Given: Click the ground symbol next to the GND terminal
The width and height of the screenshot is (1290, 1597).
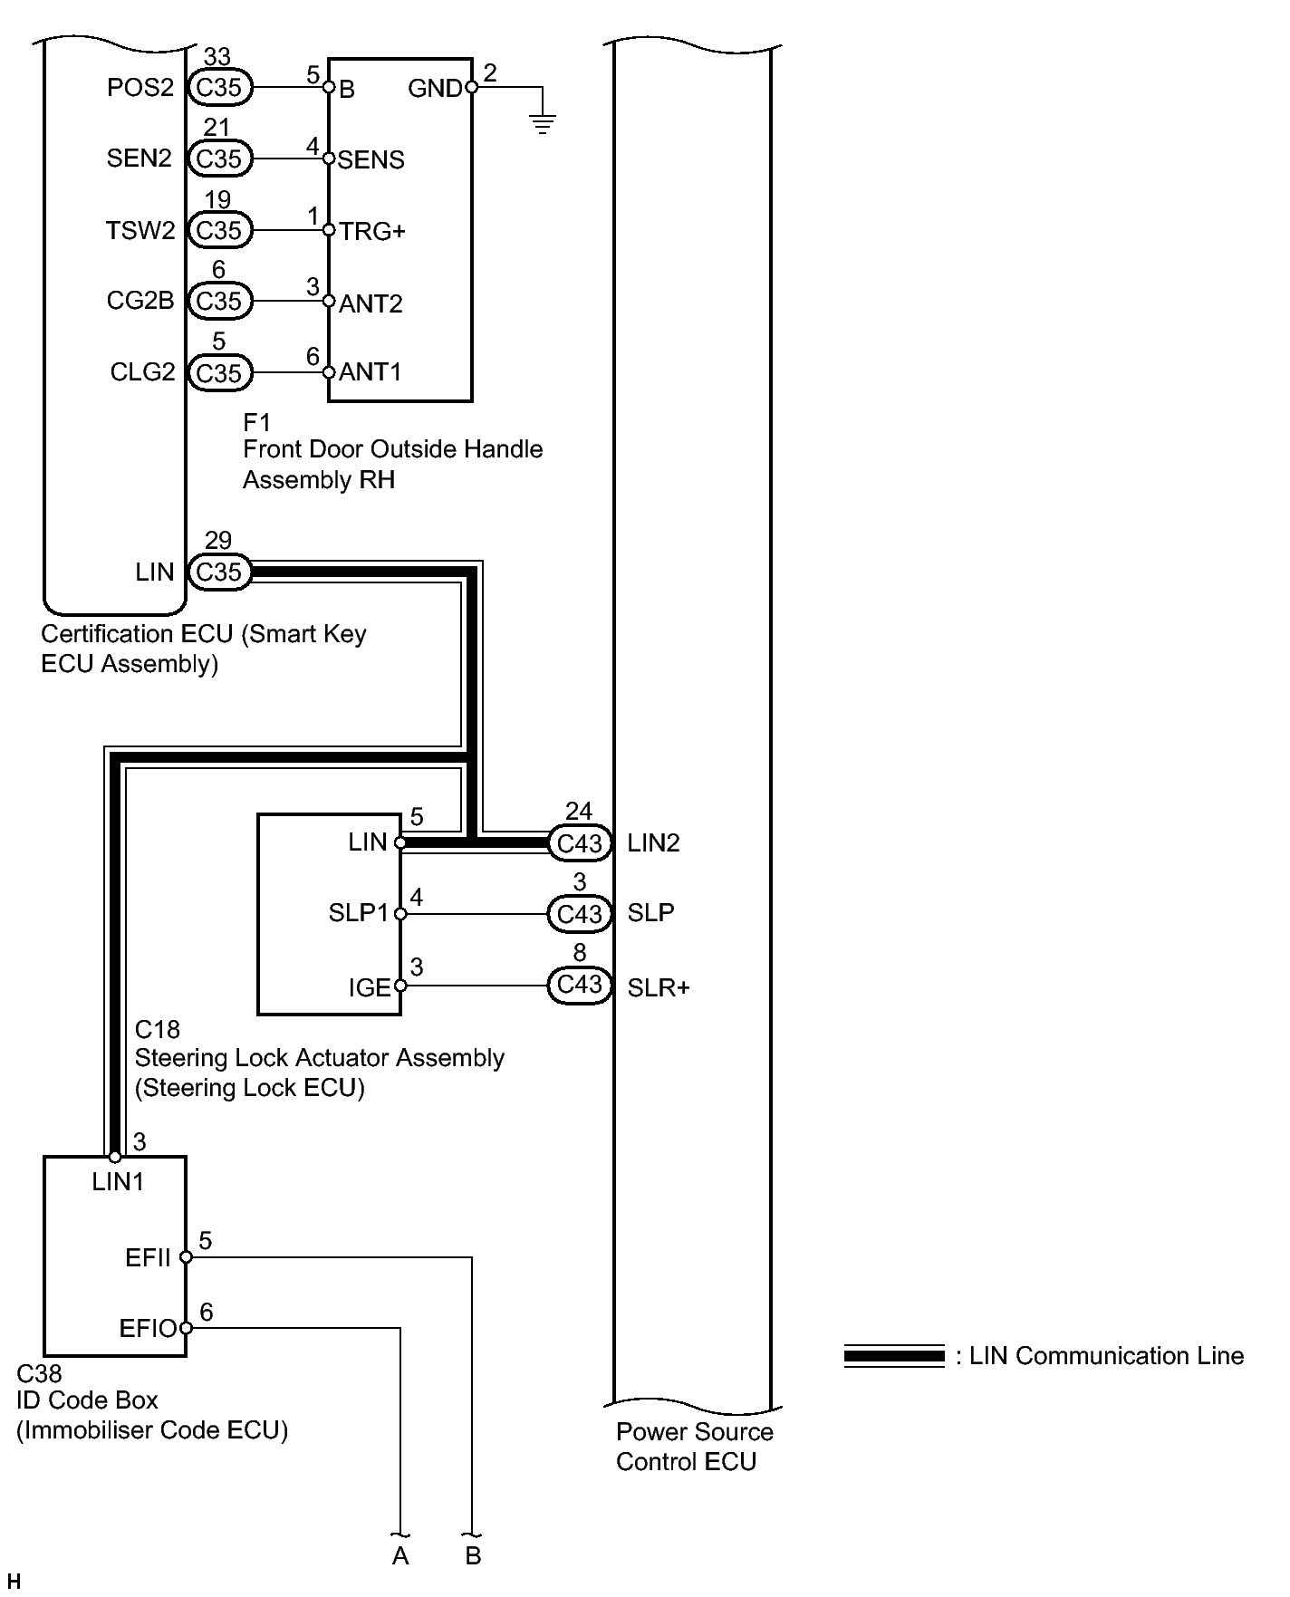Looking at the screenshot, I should tap(543, 124).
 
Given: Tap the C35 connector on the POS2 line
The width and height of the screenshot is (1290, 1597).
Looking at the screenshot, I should tap(219, 87).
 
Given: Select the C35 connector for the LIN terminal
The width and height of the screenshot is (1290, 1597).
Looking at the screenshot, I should tap(219, 572).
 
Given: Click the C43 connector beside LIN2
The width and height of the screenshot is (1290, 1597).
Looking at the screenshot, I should tap(580, 843).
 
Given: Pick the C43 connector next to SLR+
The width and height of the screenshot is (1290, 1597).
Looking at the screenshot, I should tap(580, 985).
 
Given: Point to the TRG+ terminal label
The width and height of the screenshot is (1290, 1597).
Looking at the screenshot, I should tap(372, 232).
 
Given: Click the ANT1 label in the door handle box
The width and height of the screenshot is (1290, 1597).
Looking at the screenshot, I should tap(371, 372).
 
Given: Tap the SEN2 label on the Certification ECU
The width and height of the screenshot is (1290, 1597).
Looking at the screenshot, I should tap(139, 159).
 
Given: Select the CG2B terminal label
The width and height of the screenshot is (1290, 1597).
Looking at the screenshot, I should tap(140, 301).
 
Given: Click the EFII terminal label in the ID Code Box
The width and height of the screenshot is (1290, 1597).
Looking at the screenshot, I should tap(148, 1257).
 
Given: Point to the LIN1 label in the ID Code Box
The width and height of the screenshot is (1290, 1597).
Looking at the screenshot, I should tap(118, 1182).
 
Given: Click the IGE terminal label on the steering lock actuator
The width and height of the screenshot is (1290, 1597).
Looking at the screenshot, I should tap(370, 987).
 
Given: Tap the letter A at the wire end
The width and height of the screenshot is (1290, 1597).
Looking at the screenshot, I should tap(400, 1556).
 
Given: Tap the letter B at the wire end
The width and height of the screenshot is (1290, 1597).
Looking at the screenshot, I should tap(473, 1556).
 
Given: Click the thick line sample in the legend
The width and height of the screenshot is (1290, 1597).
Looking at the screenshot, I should tap(894, 1356).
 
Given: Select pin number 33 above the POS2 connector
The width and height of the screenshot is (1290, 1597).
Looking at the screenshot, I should tap(217, 57).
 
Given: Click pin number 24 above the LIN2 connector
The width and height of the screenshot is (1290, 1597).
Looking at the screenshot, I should tap(579, 811).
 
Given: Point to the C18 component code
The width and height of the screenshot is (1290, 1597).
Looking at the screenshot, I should tap(158, 1030).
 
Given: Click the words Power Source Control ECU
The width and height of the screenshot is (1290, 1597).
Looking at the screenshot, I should tap(694, 1447).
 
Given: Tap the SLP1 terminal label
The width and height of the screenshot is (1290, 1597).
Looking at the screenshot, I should tap(358, 913).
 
